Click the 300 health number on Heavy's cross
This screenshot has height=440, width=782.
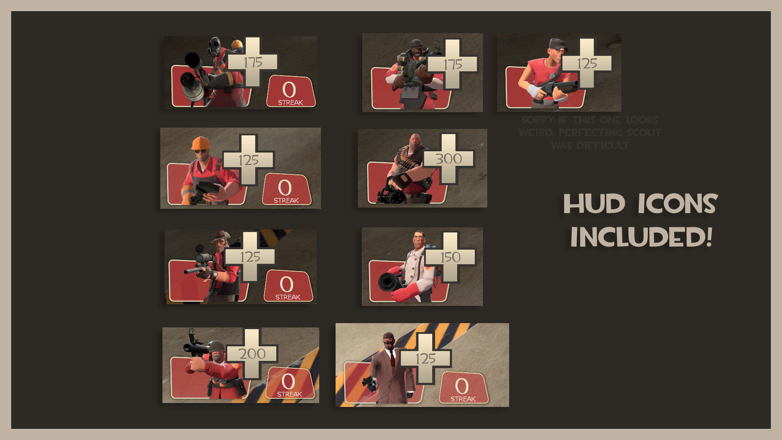449,159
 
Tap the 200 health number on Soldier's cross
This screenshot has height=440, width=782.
252,354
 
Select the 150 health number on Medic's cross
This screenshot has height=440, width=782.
450,257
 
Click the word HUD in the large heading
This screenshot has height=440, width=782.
594,204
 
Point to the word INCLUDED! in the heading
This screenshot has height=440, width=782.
641,237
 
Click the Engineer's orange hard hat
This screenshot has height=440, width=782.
201,143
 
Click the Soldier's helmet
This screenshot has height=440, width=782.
216,346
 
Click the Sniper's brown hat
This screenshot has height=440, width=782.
220,236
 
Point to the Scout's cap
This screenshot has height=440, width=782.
558,44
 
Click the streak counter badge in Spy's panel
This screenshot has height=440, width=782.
463,388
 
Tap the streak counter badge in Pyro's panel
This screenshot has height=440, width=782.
291,92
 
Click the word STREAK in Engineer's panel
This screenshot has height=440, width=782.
286,201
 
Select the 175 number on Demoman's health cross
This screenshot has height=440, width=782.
452,65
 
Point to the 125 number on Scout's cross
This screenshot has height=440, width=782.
587,64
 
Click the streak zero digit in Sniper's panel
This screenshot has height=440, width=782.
287,284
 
